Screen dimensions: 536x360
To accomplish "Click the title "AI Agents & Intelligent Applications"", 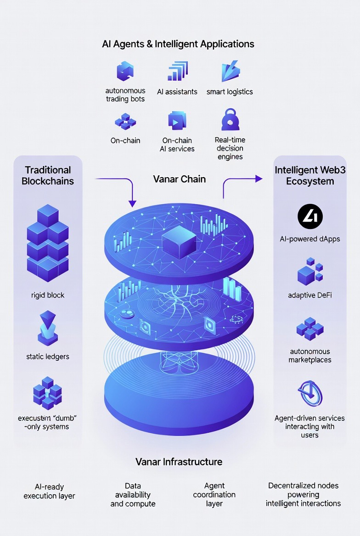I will coord(178,45).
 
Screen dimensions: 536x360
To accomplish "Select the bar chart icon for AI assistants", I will coord(178,71).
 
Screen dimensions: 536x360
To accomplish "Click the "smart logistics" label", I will coord(230,92).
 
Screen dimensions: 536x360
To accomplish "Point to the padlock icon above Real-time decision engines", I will coord(230,120).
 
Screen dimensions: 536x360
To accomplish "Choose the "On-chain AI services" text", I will coord(177,145).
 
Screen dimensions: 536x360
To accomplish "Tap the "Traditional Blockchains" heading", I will coord(48,175).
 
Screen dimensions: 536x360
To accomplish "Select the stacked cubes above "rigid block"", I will coord(48,243).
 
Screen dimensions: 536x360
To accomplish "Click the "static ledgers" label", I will coord(48,356).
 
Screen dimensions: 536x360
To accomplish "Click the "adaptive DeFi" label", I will coord(310,295).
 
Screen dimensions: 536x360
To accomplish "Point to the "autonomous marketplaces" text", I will coord(310,356).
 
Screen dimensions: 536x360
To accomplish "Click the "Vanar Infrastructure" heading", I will coord(179,462).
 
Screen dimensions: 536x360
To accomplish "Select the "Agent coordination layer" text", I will coord(214,494).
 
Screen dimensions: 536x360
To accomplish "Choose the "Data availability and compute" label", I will coord(133,494).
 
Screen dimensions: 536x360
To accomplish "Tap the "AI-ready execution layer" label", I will coord(49,491).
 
